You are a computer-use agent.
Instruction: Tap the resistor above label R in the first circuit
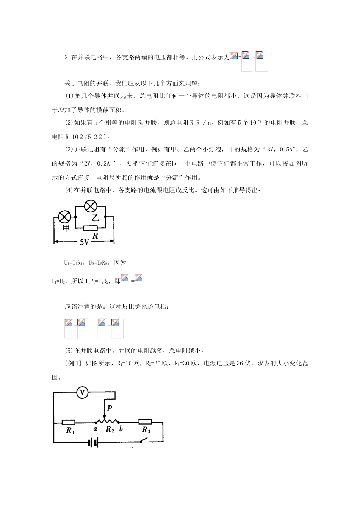point(91,228)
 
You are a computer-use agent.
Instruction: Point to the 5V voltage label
point(84,242)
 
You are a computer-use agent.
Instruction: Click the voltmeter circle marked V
point(82,393)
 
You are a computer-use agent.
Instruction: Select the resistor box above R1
point(69,422)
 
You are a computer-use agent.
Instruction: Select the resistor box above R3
point(145,422)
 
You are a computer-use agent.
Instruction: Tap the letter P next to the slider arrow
point(110,408)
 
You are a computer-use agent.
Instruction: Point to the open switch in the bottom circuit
point(143,440)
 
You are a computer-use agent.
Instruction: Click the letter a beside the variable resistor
point(95,429)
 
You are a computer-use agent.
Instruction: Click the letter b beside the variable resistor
point(121,429)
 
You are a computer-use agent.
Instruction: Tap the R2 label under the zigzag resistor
point(110,429)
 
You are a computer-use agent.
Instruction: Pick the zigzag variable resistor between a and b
point(108,421)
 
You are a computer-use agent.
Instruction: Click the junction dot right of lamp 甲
point(76,217)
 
